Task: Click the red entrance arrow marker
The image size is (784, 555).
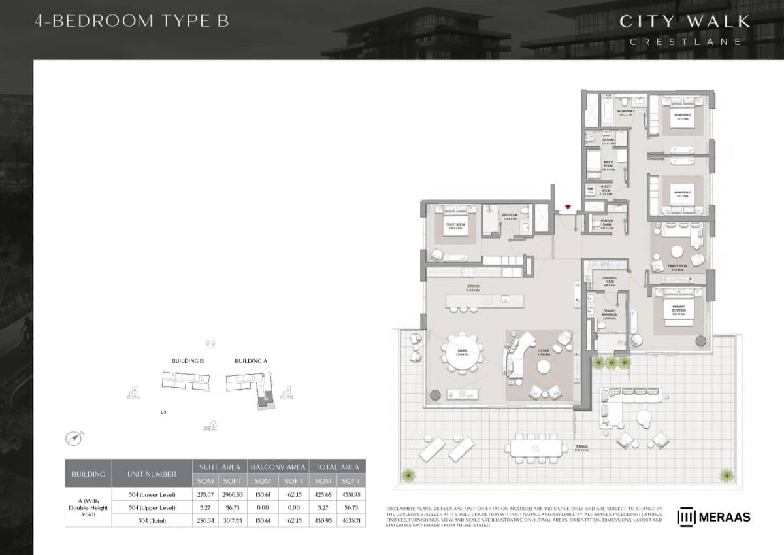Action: tap(568, 207)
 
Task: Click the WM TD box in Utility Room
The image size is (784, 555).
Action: tap(591, 192)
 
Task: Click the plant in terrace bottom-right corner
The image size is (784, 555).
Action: tap(727, 475)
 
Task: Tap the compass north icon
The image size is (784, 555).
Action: tap(74, 437)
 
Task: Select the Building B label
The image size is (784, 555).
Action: tap(188, 361)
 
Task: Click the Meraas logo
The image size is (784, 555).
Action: tap(713, 516)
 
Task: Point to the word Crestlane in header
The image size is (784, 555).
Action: tap(685, 42)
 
